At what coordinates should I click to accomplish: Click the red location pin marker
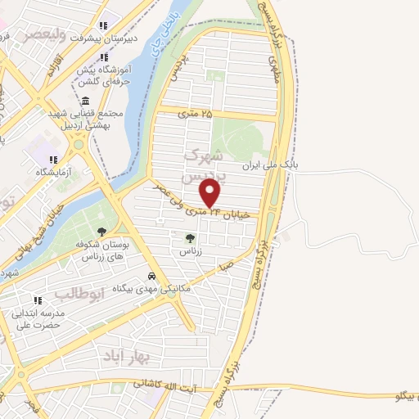pyautogui.click(x=210, y=193)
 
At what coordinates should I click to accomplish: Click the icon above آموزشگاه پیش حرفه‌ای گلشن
pyautogui.click(x=104, y=56)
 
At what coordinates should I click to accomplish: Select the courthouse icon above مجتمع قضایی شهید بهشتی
pyautogui.click(x=86, y=100)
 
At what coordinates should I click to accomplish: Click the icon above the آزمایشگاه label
pyautogui.click(x=52, y=160)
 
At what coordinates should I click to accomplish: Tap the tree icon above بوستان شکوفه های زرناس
pyautogui.click(x=101, y=232)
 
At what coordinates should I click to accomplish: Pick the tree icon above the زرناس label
pyautogui.click(x=190, y=238)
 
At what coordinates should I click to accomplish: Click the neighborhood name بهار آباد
pyautogui.click(x=123, y=357)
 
